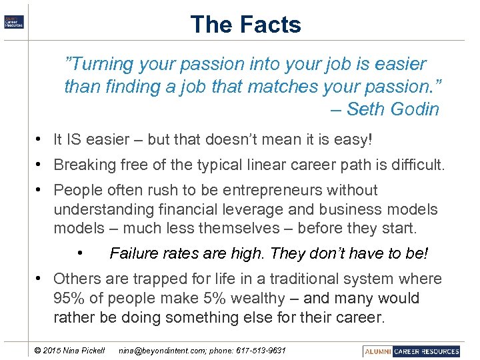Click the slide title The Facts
tap(245, 25)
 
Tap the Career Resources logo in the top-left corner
tap(14, 21)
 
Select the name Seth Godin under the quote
tap(393, 109)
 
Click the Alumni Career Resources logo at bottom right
tap(412, 351)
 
